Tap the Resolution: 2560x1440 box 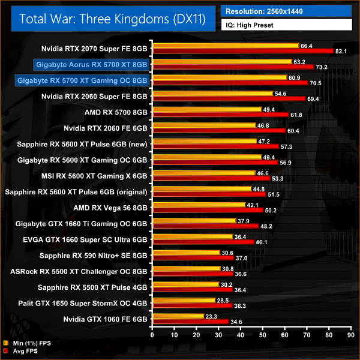point(287,11)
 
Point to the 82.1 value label point(341,52)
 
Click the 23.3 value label point(213,315)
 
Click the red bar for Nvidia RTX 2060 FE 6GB point(220,131)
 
